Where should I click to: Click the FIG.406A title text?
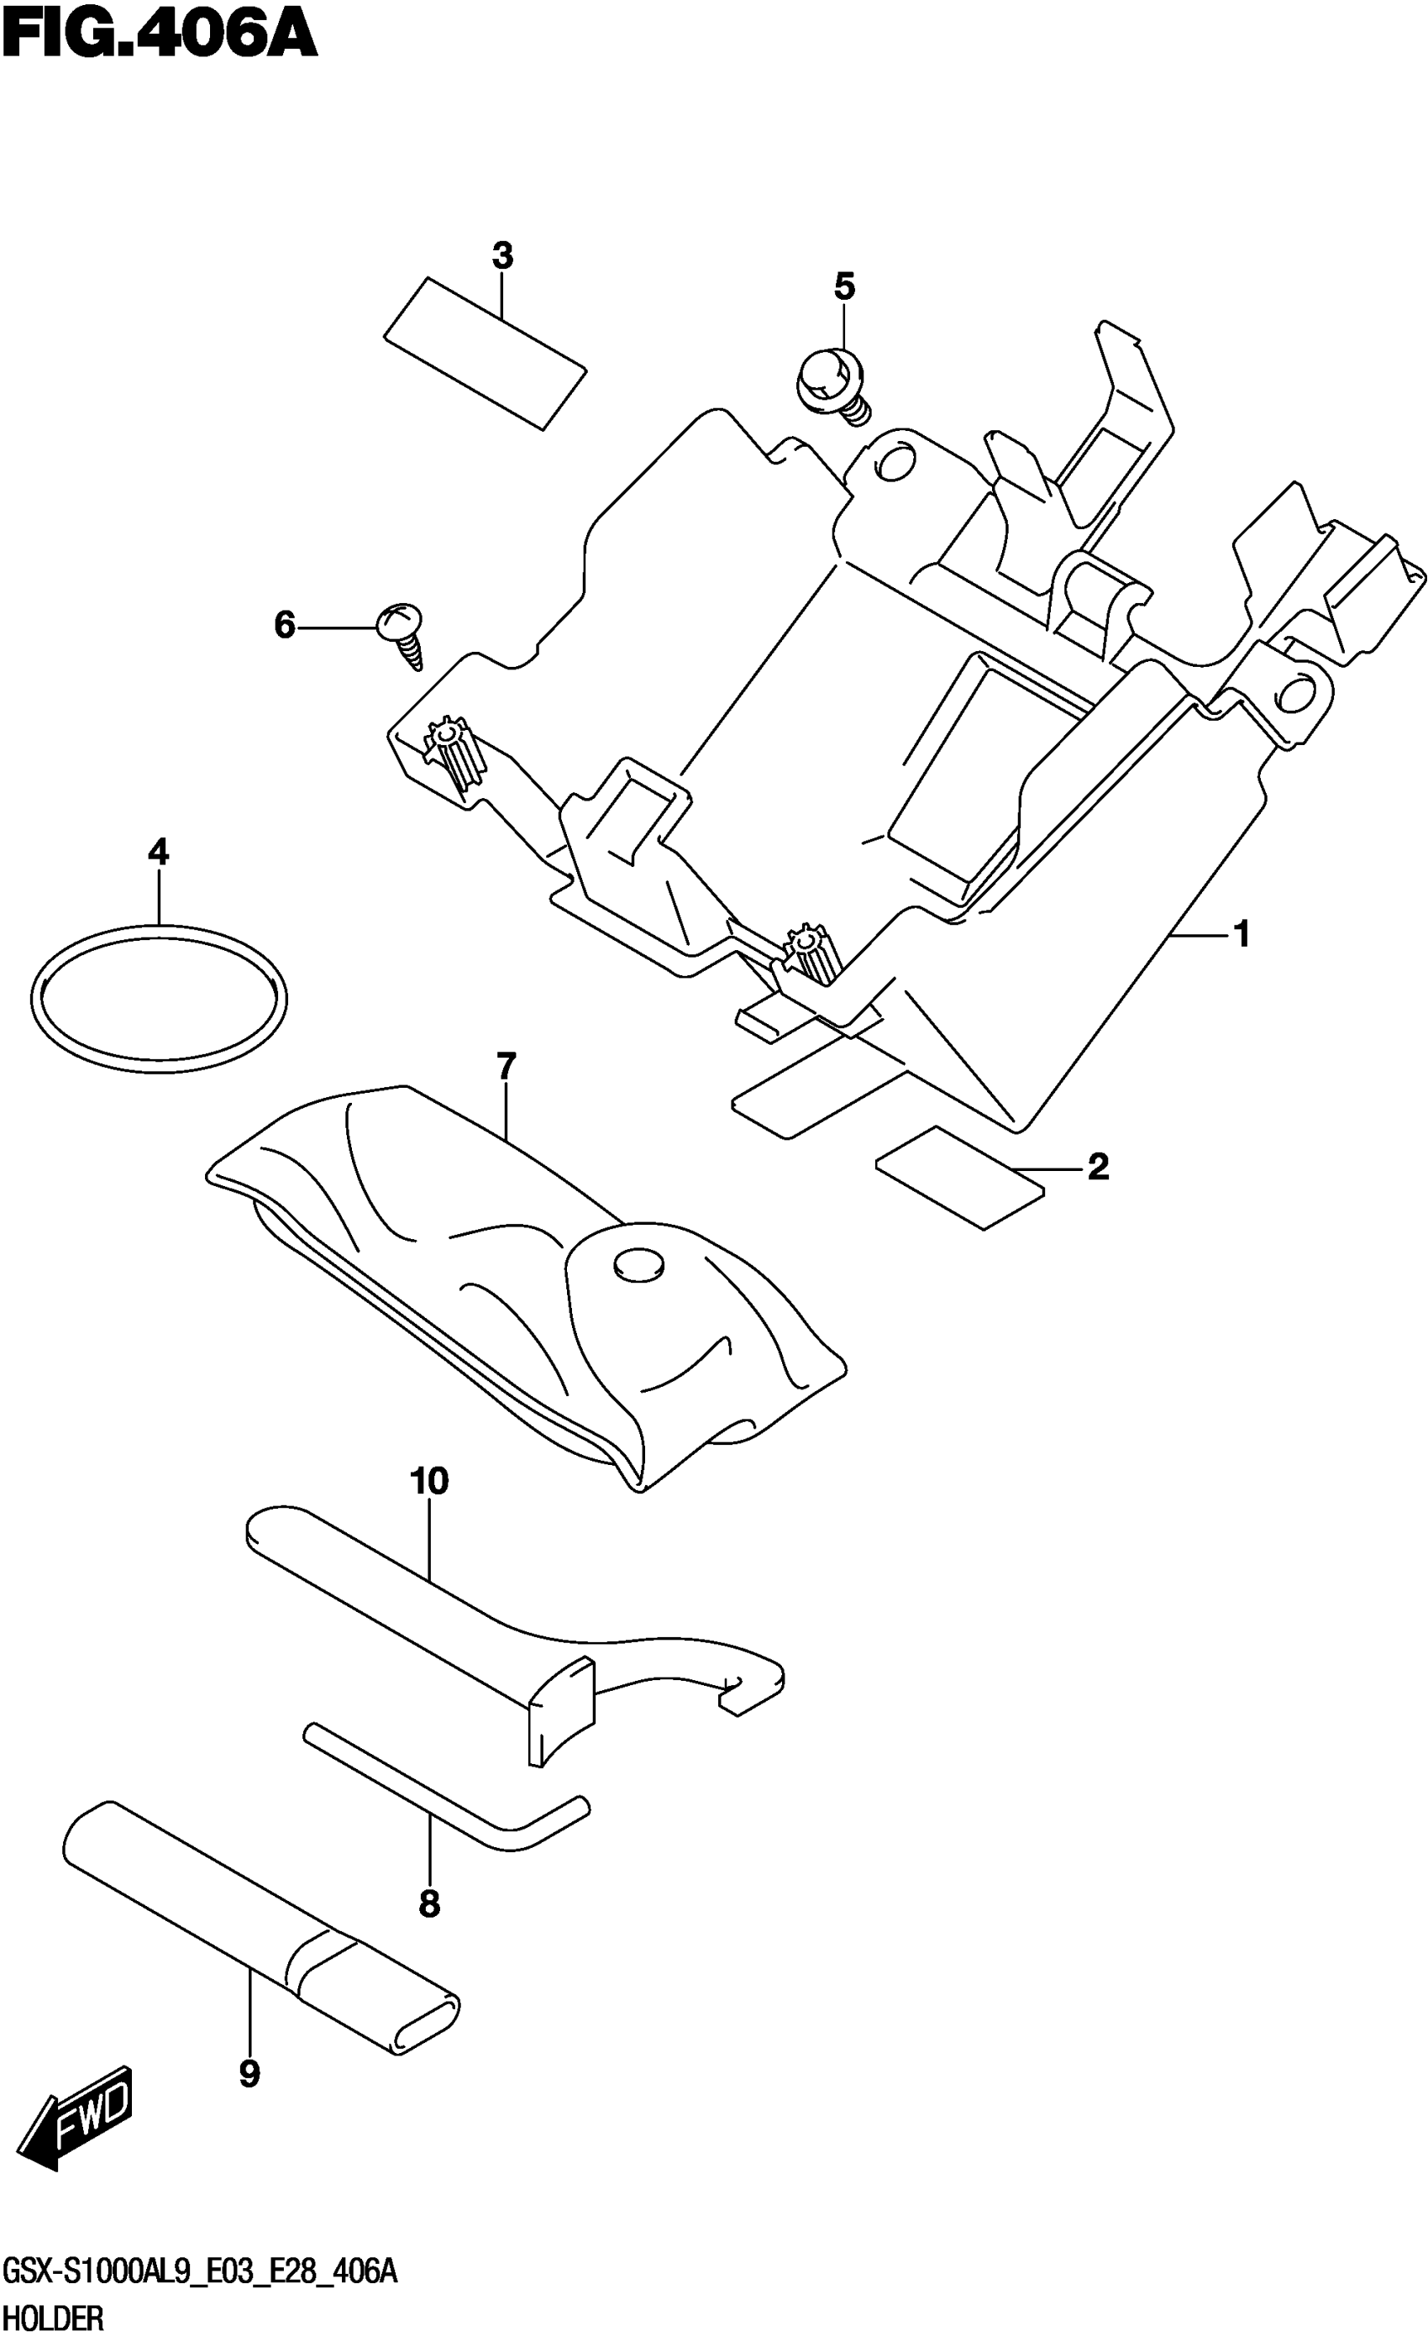click(158, 36)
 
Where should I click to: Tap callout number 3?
click(502, 255)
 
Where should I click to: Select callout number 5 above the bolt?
click(844, 286)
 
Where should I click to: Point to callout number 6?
click(284, 626)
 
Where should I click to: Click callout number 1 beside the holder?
click(1241, 934)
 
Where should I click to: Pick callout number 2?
click(1097, 1166)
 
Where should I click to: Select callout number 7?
click(505, 1066)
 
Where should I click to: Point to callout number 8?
click(428, 1903)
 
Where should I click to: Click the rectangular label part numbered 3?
click(484, 353)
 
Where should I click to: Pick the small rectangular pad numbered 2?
click(959, 1178)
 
